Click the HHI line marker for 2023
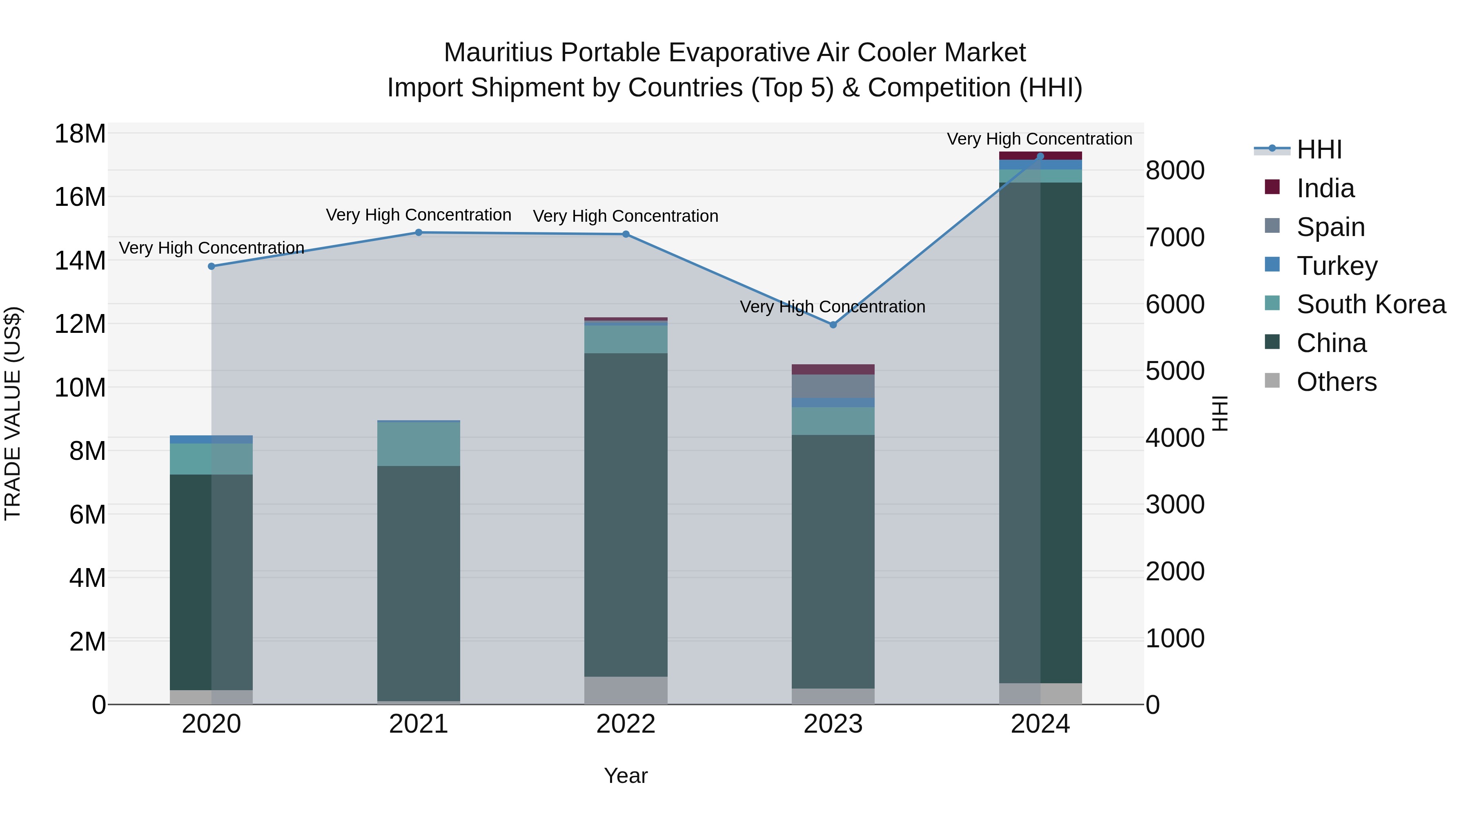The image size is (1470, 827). [x=833, y=325]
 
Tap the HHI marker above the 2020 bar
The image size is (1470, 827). [x=211, y=266]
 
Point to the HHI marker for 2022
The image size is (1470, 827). [x=626, y=234]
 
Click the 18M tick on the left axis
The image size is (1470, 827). [x=80, y=134]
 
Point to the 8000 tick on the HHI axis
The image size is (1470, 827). [x=1175, y=171]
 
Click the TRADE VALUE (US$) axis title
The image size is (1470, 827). [x=13, y=413]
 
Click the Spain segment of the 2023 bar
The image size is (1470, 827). [x=833, y=386]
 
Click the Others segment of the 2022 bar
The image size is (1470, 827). [x=626, y=690]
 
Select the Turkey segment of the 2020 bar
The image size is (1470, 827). [x=211, y=439]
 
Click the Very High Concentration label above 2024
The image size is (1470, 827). [x=1039, y=139]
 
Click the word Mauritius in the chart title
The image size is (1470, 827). [x=498, y=53]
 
